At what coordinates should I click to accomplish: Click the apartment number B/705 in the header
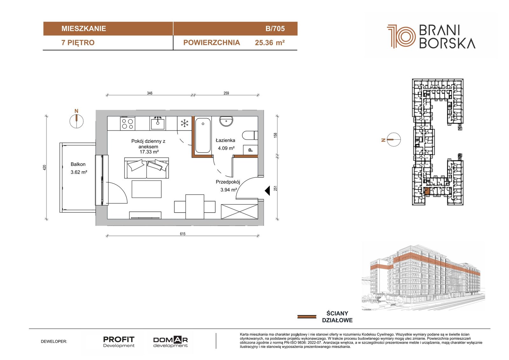click(x=275, y=29)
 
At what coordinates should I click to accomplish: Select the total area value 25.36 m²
click(x=270, y=43)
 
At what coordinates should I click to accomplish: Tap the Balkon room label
click(x=78, y=164)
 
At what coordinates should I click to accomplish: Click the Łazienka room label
click(x=226, y=141)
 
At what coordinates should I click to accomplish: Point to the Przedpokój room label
click(x=228, y=182)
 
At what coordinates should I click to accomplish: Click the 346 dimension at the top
click(x=150, y=93)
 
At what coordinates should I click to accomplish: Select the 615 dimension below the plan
click(x=183, y=234)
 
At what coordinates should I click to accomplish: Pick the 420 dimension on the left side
click(x=45, y=168)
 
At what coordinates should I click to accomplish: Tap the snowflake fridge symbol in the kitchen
click(x=185, y=124)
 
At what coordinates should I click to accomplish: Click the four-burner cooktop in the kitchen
click(x=128, y=123)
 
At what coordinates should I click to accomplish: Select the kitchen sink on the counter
click(x=158, y=123)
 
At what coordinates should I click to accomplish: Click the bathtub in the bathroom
click(x=203, y=135)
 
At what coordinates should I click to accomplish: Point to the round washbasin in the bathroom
click(x=226, y=121)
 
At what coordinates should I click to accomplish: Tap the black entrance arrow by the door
click(x=268, y=191)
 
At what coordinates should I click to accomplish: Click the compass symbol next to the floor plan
click(x=77, y=121)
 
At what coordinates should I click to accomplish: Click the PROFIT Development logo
click(x=119, y=342)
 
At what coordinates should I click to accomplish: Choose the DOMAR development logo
click(x=171, y=342)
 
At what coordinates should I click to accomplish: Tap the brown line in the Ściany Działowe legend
click(x=307, y=317)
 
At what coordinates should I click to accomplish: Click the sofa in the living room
click(x=147, y=168)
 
